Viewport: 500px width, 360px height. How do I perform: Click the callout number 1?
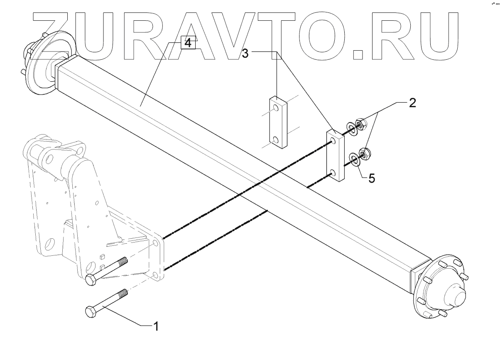tap(156, 327)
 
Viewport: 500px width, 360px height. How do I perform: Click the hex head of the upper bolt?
tap(90, 280)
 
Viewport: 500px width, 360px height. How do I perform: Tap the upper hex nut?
tap(360, 123)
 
